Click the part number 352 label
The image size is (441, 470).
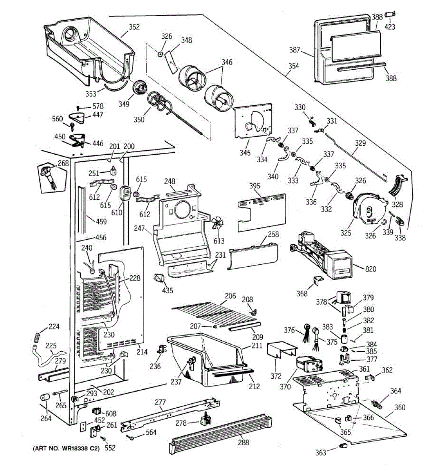134,27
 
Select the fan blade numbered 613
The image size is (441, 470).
217,226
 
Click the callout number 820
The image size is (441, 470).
370,269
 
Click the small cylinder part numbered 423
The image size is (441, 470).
389,14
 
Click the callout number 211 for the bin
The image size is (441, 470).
257,346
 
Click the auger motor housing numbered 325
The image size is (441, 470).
368,211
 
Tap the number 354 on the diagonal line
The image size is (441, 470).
293,66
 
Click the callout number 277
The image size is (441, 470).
160,402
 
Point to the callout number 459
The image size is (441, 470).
101,221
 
